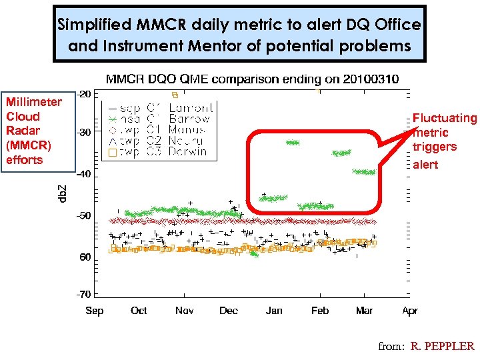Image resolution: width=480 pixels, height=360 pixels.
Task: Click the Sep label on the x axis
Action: tap(95, 311)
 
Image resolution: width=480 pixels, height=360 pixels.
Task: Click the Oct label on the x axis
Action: tap(139, 311)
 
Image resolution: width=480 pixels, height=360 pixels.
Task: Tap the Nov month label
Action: tap(185, 311)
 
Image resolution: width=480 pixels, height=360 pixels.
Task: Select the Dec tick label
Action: tap(229, 311)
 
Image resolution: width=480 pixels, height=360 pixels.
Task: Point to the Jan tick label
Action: tap(274, 311)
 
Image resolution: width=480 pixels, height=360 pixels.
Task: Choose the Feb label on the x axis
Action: tap(320, 311)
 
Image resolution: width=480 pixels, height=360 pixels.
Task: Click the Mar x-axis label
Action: tap(364, 311)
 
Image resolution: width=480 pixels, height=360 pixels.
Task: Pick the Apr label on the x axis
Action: tap(410, 311)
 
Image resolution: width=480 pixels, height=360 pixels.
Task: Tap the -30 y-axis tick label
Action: tap(84, 133)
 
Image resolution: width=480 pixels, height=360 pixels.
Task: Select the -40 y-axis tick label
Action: tap(84, 175)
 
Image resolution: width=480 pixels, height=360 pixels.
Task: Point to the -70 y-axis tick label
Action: tap(84, 293)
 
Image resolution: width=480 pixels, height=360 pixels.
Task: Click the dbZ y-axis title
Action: tap(62, 194)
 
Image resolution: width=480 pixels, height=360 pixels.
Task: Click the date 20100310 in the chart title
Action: tap(370, 79)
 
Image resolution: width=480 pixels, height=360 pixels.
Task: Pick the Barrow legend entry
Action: tap(189, 119)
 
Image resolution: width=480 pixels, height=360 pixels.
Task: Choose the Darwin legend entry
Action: tap(188, 152)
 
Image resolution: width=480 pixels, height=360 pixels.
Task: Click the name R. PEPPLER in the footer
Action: tap(442, 346)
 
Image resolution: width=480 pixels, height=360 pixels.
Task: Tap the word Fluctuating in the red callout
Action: tap(445, 118)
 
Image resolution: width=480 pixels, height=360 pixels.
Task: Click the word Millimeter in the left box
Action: tap(33, 102)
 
